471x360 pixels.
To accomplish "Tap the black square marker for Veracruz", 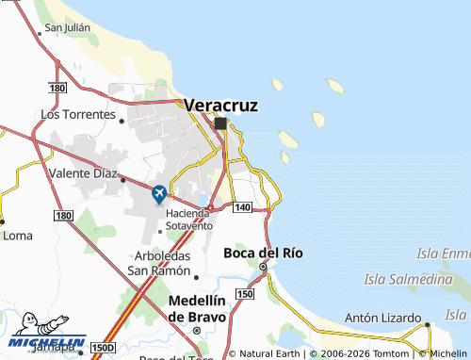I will click(220, 123).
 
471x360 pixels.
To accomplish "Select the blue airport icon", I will click(158, 194).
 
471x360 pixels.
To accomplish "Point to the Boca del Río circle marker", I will click(263, 267).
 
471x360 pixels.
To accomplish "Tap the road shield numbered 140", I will click(242, 206).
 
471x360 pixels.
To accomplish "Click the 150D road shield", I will click(103, 348).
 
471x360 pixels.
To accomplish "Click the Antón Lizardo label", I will click(382, 316).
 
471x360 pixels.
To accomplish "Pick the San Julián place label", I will click(67, 27).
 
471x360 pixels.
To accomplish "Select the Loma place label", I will click(18, 236).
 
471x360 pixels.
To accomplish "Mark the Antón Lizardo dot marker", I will click(427, 325).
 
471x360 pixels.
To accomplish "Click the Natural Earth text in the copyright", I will click(270, 353).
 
